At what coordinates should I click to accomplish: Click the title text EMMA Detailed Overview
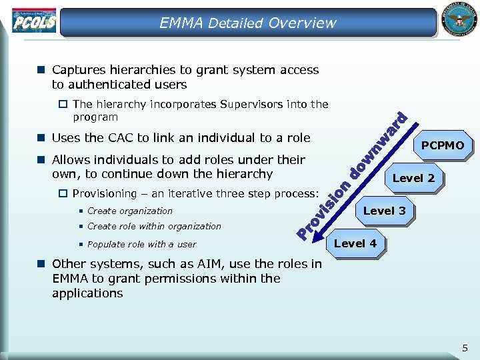(247, 23)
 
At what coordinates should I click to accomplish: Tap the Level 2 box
(413, 178)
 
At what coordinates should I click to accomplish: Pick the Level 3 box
(383, 211)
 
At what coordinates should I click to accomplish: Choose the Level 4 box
(355, 243)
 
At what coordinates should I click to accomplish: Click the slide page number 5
(465, 347)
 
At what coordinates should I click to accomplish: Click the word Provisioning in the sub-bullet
(103, 194)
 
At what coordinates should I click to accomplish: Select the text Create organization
(129, 211)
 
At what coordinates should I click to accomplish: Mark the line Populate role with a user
(141, 244)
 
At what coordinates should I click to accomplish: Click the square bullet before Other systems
(41, 263)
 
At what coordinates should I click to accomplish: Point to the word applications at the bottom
(87, 293)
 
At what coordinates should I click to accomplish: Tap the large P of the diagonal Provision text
(304, 233)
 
